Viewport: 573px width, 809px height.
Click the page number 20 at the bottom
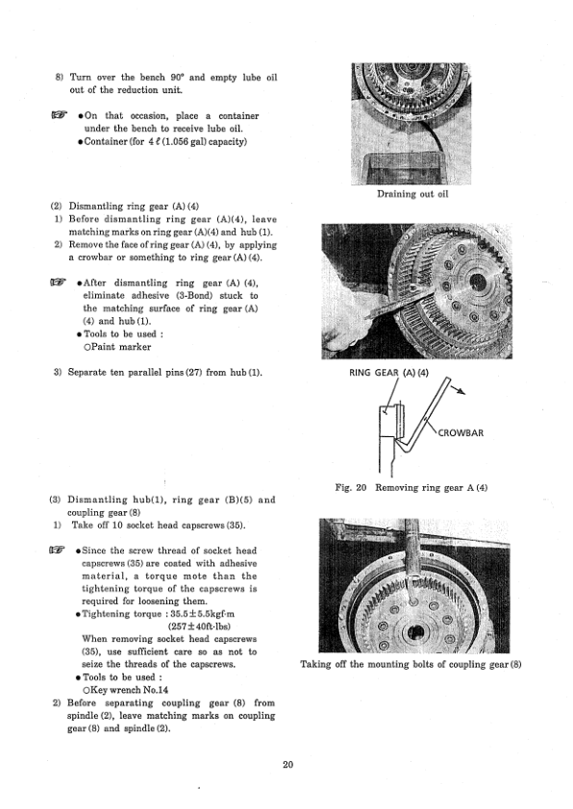288,764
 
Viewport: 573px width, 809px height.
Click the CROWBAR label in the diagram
461,433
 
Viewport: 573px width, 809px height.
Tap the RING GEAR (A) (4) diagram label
388,373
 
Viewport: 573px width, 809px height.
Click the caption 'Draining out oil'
412,194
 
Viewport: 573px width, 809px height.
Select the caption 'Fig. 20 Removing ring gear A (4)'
411,487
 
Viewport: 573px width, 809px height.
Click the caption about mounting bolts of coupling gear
411,664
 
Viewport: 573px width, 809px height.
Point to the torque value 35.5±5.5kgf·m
202,614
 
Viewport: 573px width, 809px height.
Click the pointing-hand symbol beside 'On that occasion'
60,115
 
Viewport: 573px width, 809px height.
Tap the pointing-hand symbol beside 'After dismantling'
59,282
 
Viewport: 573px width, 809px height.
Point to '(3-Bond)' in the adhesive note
191,296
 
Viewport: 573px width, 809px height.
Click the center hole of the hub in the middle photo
479,282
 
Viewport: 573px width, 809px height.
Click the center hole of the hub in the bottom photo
414,633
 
